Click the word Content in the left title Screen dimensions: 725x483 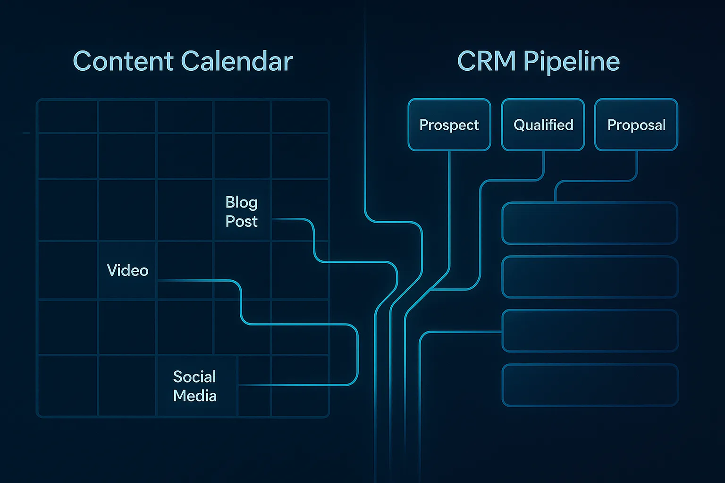[123, 62]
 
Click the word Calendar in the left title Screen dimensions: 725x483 [236, 62]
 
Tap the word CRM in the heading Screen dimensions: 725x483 [486, 62]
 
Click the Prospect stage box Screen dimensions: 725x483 [449, 125]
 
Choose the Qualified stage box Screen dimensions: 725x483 [543, 125]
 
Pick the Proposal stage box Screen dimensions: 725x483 [636, 125]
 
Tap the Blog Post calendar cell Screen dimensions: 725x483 [242, 211]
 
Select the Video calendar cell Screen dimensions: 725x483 [127, 270]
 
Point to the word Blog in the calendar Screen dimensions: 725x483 [241, 202]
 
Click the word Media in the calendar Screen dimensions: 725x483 [194, 395]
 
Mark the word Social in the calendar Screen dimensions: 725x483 [194, 376]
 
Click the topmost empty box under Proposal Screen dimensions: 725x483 [590, 223]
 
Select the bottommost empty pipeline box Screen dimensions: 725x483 [590, 385]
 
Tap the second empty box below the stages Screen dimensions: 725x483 [590, 277]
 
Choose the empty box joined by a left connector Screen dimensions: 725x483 [590, 331]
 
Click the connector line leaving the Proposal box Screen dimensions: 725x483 [637, 166]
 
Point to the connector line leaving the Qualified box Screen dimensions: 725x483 [544, 165]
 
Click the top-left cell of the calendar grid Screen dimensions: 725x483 [67, 117]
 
